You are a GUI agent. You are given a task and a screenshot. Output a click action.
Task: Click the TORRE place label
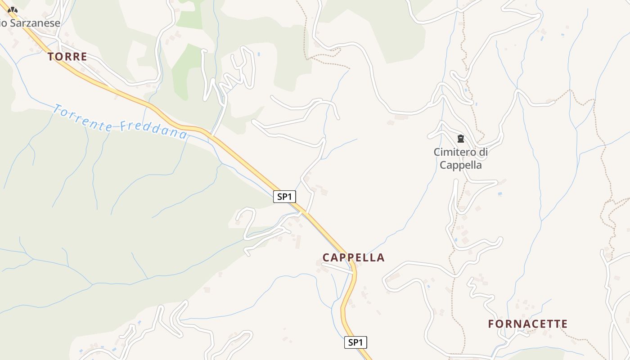coord(67,57)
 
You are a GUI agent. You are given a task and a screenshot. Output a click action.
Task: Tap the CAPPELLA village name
coord(353,257)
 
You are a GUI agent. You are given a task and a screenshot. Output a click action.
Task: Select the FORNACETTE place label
coord(527,324)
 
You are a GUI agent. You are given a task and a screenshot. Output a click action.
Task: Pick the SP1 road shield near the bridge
coord(284,197)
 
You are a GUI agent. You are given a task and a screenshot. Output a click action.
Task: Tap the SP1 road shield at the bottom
coord(355,342)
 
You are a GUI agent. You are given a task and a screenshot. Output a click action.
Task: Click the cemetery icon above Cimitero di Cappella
coord(460,139)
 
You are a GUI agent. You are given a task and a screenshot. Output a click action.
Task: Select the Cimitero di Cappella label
coord(461,158)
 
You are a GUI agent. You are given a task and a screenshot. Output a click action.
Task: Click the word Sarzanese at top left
coord(35,23)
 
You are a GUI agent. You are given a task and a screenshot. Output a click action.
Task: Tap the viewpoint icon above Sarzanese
coord(13,10)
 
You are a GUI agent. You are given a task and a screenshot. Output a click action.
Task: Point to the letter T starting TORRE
coord(51,57)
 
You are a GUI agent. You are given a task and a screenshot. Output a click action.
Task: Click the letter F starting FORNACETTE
coord(492,324)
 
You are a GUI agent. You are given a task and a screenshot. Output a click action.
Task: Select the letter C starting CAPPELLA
coord(326,258)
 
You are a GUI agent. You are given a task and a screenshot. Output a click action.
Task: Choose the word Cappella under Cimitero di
coord(461,165)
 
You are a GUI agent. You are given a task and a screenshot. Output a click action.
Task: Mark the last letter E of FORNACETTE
coord(564,324)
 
